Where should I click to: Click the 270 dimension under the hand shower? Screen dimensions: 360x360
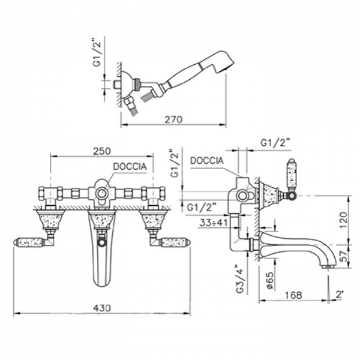tap(173, 119)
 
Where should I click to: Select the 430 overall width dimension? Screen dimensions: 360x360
tap(103, 307)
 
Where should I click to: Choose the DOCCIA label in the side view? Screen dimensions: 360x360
tap(207, 161)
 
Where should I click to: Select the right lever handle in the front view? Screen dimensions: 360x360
tap(175, 242)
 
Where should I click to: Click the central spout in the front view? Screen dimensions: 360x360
tap(101, 252)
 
